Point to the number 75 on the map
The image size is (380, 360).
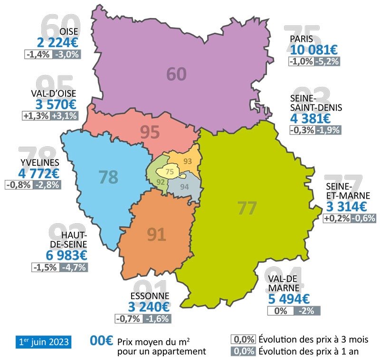click(170, 172)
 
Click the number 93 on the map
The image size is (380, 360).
click(188, 161)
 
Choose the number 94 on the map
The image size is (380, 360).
click(185, 186)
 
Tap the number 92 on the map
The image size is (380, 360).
click(161, 181)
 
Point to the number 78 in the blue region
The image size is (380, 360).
click(108, 177)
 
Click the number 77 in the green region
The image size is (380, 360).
click(247, 208)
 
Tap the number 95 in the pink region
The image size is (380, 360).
click(150, 133)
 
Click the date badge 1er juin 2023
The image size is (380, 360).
click(43, 341)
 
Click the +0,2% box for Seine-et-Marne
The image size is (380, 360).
click(336, 218)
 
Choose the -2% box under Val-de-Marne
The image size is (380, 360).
click(307, 311)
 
